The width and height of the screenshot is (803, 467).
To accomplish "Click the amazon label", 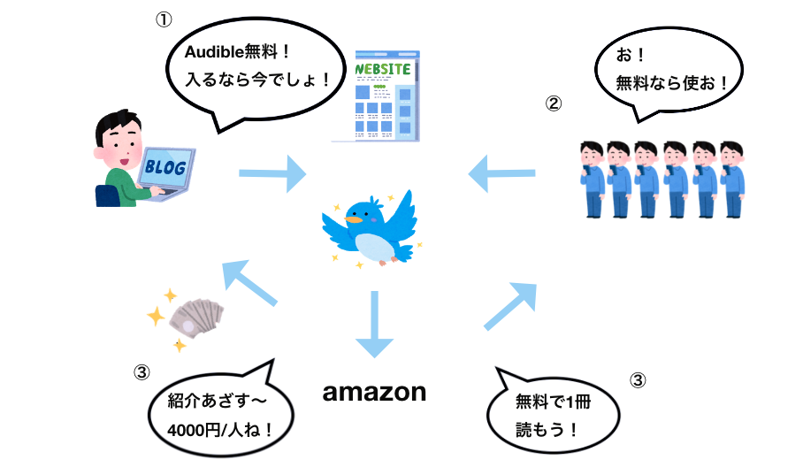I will (x=374, y=392).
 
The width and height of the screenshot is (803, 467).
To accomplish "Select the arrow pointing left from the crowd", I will (x=501, y=171).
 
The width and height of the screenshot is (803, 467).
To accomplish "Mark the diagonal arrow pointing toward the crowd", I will (x=512, y=306).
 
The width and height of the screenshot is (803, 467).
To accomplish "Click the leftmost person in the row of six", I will (x=593, y=177).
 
